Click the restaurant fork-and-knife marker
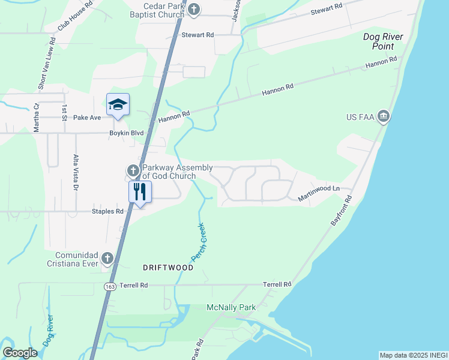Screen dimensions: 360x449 click(x=140, y=193)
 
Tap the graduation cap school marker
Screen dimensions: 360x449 click(x=118, y=105)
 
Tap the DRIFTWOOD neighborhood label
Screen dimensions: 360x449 click(x=168, y=268)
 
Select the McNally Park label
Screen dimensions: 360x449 click(x=231, y=308)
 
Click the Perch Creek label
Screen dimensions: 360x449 click(x=199, y=242)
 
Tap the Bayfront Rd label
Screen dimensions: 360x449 click(x=342, y=210)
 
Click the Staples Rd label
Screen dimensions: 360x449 click(x=107, y=211)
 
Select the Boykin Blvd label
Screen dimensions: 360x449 click(x=127, y=133)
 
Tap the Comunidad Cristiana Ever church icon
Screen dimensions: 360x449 click(x=107, y=258)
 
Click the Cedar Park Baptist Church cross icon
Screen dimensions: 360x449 click(x=193, y=9)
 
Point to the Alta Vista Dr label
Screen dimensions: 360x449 click(x=76, y=172)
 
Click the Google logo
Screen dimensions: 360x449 click(x=20, y=353)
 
